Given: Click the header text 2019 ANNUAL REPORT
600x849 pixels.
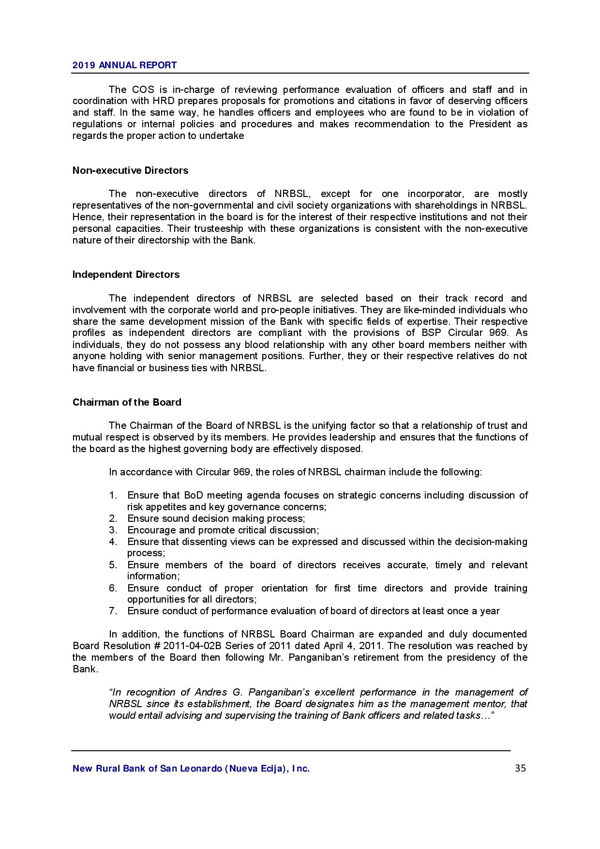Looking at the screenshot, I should (x=124, y=65).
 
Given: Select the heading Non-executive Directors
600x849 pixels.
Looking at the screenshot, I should (x=130, y=170).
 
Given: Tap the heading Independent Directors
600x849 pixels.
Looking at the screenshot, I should (x=126, y=274).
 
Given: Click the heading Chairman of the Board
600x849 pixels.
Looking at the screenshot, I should (x=127, y=402).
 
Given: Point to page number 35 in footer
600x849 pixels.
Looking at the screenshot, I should (x=520, y=768).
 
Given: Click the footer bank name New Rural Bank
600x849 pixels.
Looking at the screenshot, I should (x=191, y=769).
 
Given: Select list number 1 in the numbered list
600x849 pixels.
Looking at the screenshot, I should (x=113, y=495).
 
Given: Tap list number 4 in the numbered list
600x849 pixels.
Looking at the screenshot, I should (x=113, y=542).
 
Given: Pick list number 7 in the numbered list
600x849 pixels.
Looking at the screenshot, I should (x=113, y=611).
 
